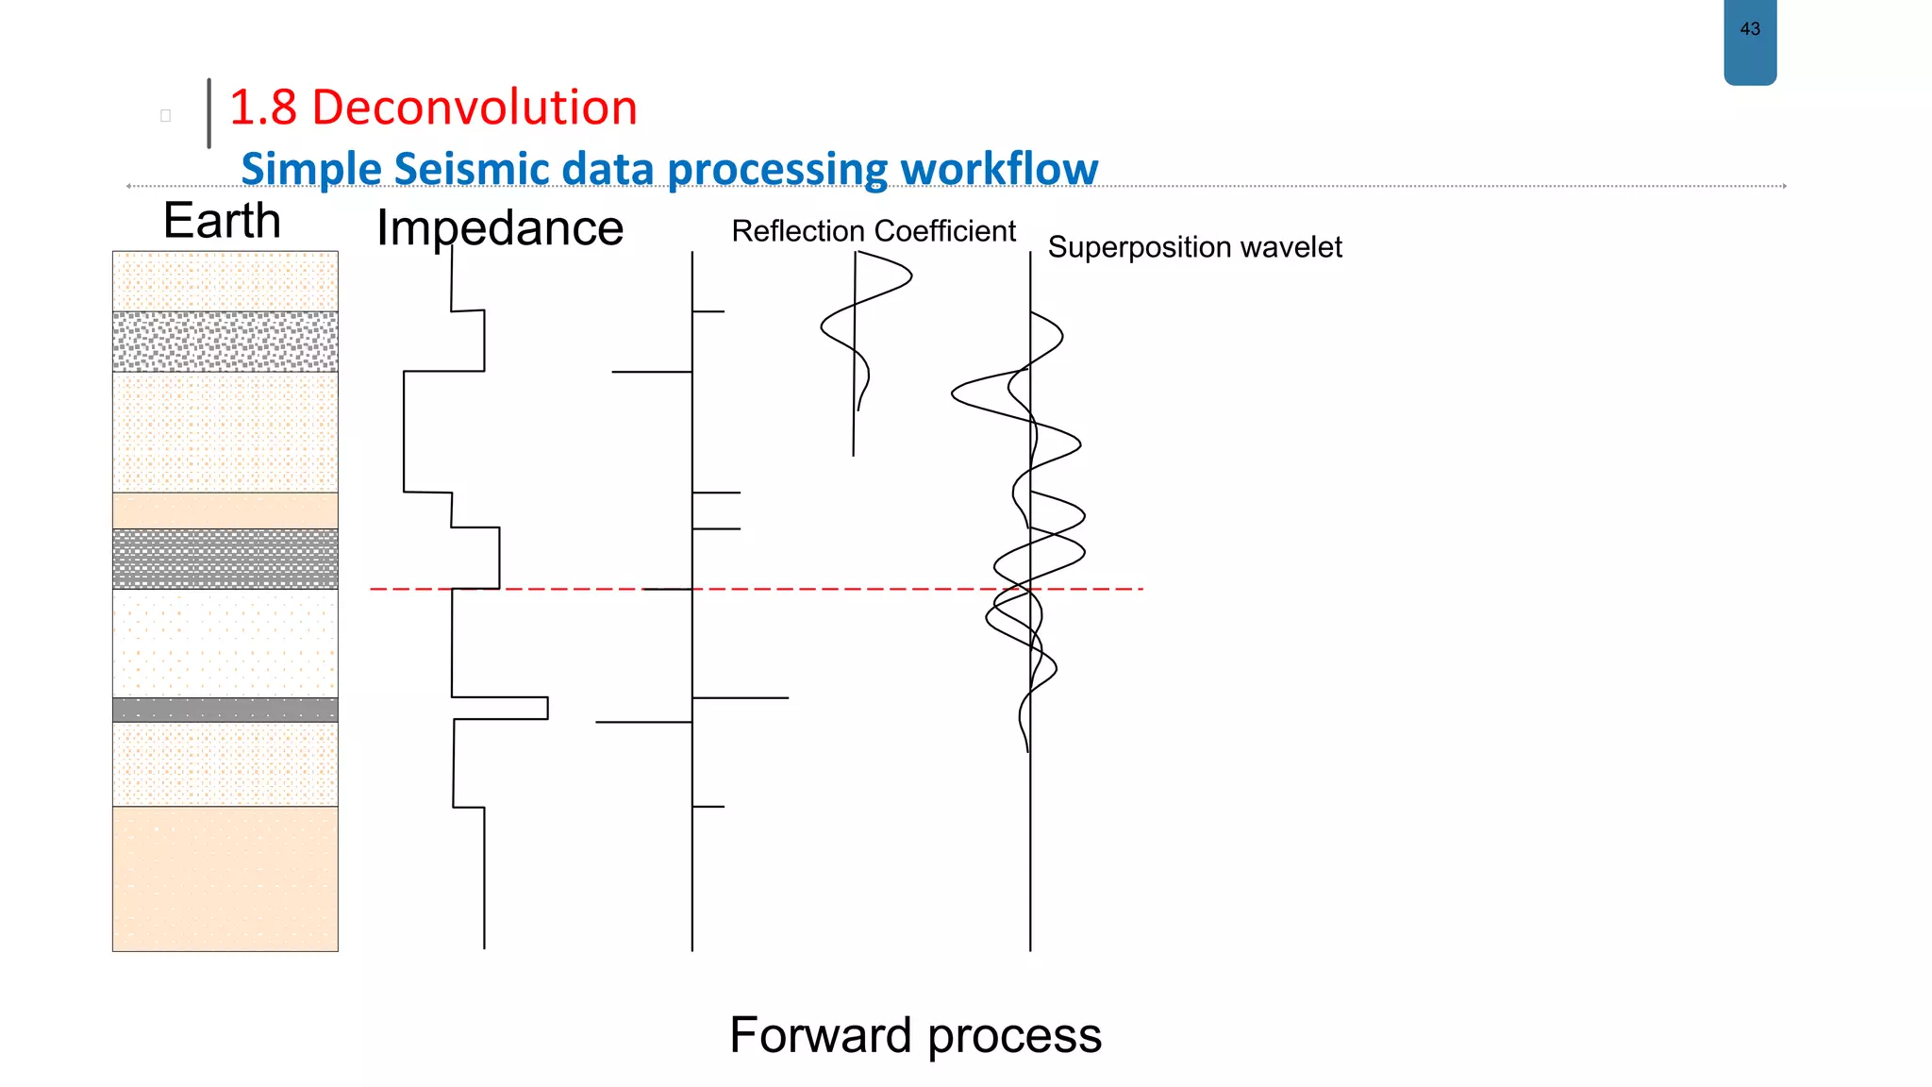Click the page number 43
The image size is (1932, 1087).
1749,29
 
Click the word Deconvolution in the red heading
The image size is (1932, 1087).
474,108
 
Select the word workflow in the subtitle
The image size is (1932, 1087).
998,170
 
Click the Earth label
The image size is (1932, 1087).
222,221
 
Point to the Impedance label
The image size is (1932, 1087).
499,228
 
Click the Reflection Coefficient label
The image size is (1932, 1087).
873,231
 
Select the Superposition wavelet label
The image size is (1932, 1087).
1193,247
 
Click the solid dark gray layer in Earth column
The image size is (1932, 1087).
225,710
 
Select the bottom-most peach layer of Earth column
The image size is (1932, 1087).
225,878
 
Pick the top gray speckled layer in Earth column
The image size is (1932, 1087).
225,342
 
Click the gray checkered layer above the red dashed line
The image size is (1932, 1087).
225,559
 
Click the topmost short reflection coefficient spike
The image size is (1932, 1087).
708,311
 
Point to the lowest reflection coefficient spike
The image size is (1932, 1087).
708,807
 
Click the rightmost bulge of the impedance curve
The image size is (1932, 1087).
546,708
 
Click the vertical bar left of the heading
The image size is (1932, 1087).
208,113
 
